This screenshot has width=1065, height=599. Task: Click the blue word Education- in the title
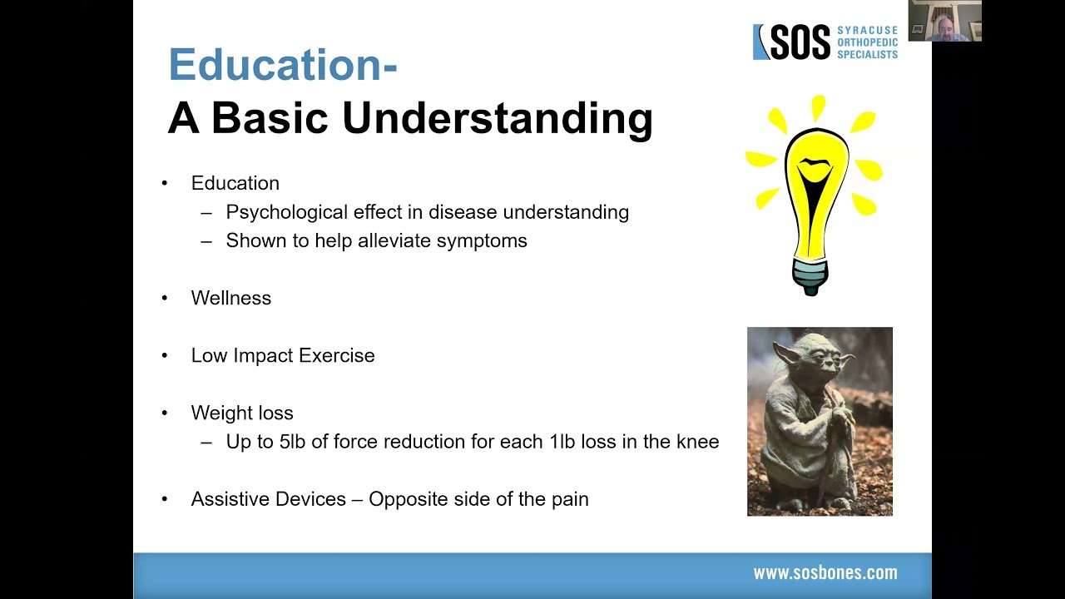pos(283,64)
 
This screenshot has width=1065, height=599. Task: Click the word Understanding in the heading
pos(498,119)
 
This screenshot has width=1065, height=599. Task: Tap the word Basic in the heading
pos(270,117)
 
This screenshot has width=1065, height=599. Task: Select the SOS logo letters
pos(800,42)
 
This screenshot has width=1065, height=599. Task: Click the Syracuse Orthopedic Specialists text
pos(868,42)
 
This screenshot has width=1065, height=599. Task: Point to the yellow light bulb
pos(815,196)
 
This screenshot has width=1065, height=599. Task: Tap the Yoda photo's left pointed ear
pos(787,354)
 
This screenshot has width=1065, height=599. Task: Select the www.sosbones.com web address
pos(825,573)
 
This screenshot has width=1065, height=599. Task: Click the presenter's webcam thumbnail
pos(944,21)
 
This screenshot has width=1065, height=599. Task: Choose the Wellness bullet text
pos(231,298)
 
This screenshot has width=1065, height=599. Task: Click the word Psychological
pos(287,212)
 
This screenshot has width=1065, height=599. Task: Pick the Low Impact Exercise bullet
pos(283,355)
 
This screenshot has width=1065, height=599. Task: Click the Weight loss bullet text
pos(242,413)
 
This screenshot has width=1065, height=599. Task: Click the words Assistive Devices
pos(269,499)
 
